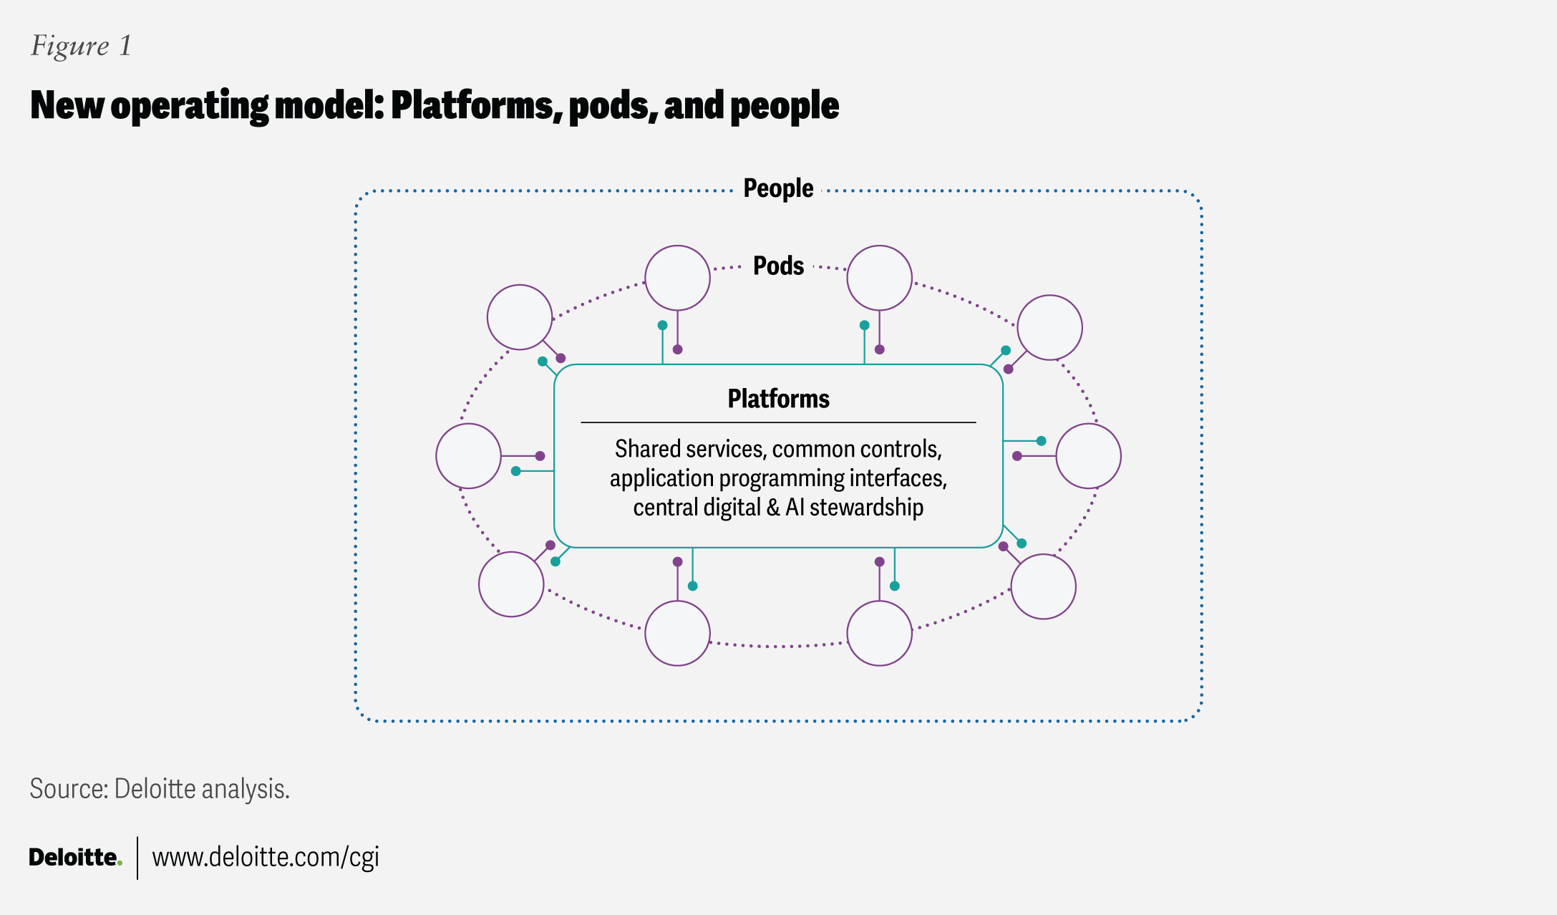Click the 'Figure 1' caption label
81,47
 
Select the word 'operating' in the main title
190,106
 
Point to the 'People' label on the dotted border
778,188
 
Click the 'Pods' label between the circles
778,266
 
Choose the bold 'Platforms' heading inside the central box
778,399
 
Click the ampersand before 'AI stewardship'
772,508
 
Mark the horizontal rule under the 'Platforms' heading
778,422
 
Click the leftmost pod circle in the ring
468,456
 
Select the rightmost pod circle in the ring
1088,456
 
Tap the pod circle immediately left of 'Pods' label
677,278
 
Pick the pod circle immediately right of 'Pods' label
879,278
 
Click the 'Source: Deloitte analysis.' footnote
160,789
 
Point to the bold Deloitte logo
73,857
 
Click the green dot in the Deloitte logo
120,863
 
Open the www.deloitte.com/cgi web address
266,857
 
